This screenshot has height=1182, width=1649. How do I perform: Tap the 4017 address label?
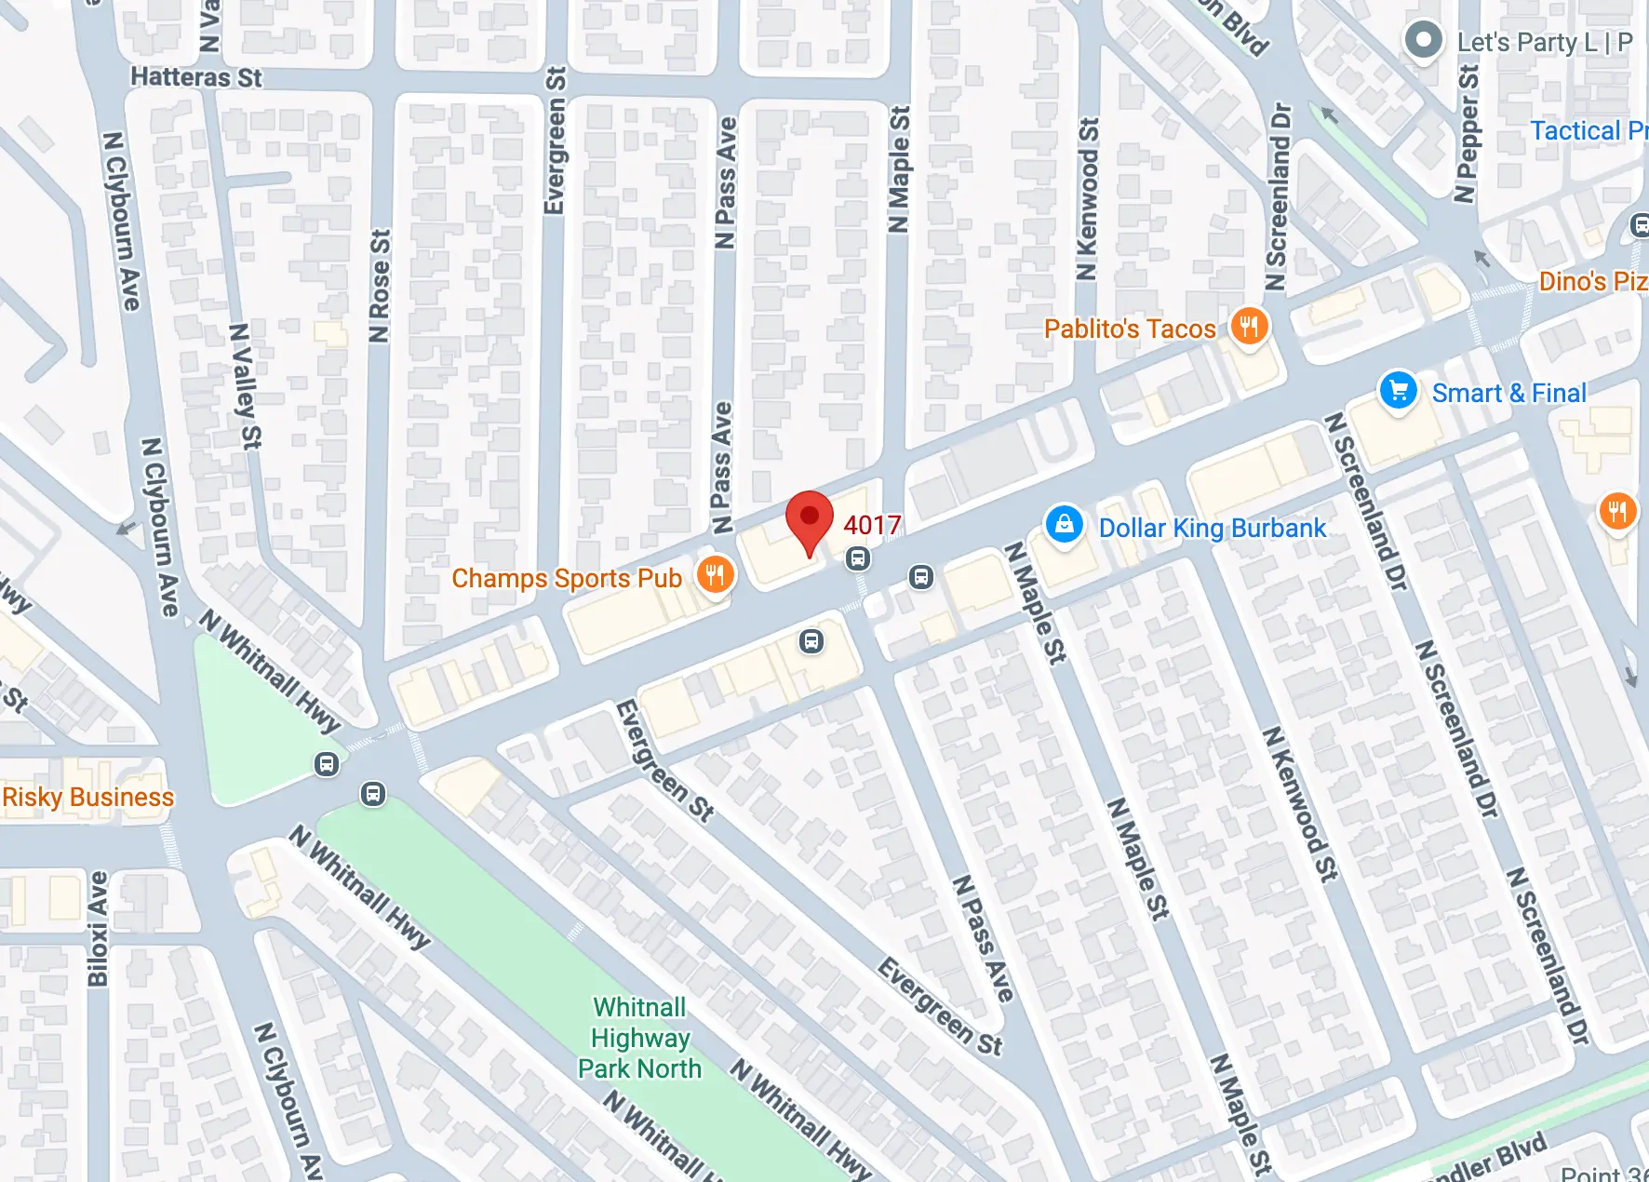point(872,525)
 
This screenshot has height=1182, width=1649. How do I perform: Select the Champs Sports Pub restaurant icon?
point(715,575)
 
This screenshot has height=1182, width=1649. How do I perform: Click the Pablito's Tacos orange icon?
point(1249,327)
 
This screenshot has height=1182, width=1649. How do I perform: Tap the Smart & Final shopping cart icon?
point(1398,391)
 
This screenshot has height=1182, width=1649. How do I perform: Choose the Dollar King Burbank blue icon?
point(1064,525)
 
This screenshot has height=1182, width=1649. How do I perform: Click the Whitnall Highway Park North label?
point(640,1038)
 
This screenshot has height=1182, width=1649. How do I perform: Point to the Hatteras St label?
point(195,76)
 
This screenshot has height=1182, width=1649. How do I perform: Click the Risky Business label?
point(87,798)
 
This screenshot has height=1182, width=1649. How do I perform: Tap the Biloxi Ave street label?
point(98,929)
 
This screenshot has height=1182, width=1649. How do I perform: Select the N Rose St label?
point(379,286)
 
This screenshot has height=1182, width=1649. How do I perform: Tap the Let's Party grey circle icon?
point(1423,40)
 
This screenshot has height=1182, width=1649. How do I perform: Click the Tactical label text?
point(1588,130)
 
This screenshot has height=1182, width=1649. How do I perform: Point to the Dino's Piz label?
point(1592,281)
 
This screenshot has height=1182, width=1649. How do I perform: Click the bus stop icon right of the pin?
point(858,558)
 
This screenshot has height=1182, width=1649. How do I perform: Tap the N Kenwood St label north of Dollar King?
point(1087,198)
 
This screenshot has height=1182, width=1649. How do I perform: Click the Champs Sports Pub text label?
point(566,578)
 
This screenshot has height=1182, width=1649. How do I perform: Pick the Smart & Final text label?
point(1508,393)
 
